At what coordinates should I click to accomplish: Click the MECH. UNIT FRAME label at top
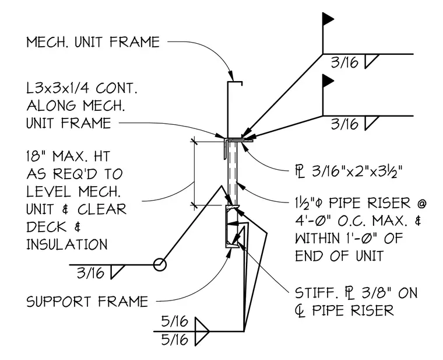click(x=93, y=42)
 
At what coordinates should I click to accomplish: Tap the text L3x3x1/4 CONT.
click(x=82, y=88)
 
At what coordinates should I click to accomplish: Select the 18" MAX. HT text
click(x=68, y=156)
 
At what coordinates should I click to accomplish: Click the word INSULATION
click(x=67, y=244)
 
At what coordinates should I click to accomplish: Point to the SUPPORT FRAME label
click(x=87, y=302)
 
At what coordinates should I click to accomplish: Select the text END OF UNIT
click(x=339, y=256)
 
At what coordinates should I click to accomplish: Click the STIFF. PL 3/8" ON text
click(x=356, y=293)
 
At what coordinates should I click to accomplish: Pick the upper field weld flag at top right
click(x=328, y=19)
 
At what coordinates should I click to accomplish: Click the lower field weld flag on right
click(x=328, y=81)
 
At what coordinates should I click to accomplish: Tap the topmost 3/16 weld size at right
click(x=344, y=62)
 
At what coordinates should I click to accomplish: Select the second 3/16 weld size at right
click(x=344, y=124)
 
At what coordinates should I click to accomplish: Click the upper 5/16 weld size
click(x=174, y=321)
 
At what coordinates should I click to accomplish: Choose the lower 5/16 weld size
click(x=174, y=340)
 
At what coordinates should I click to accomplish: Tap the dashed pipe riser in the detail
click(x=233, y=173)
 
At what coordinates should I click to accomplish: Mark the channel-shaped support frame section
click(x=227, y=226)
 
